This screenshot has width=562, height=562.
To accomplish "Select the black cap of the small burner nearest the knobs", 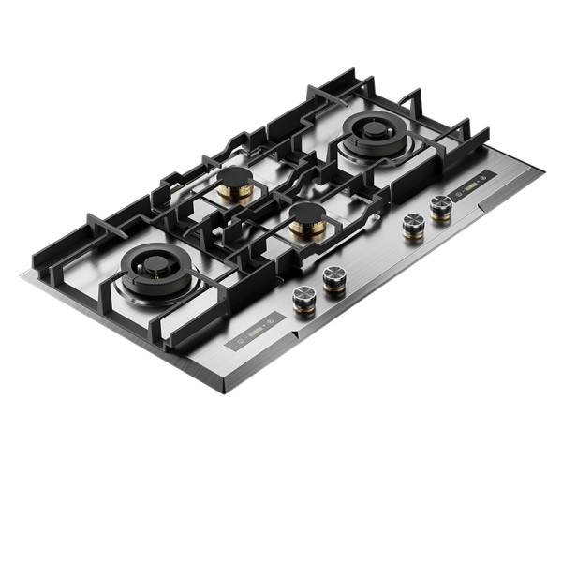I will coord(307,212).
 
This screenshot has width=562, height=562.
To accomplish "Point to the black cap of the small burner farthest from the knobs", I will coord(236,179).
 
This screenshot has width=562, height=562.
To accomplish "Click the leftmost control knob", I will coord(303,298).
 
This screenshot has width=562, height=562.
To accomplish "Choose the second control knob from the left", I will coord(334,277).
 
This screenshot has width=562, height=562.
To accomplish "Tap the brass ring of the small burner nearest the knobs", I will coord(307,226).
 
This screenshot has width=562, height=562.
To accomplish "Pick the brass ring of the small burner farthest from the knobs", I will coord(236,192).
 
